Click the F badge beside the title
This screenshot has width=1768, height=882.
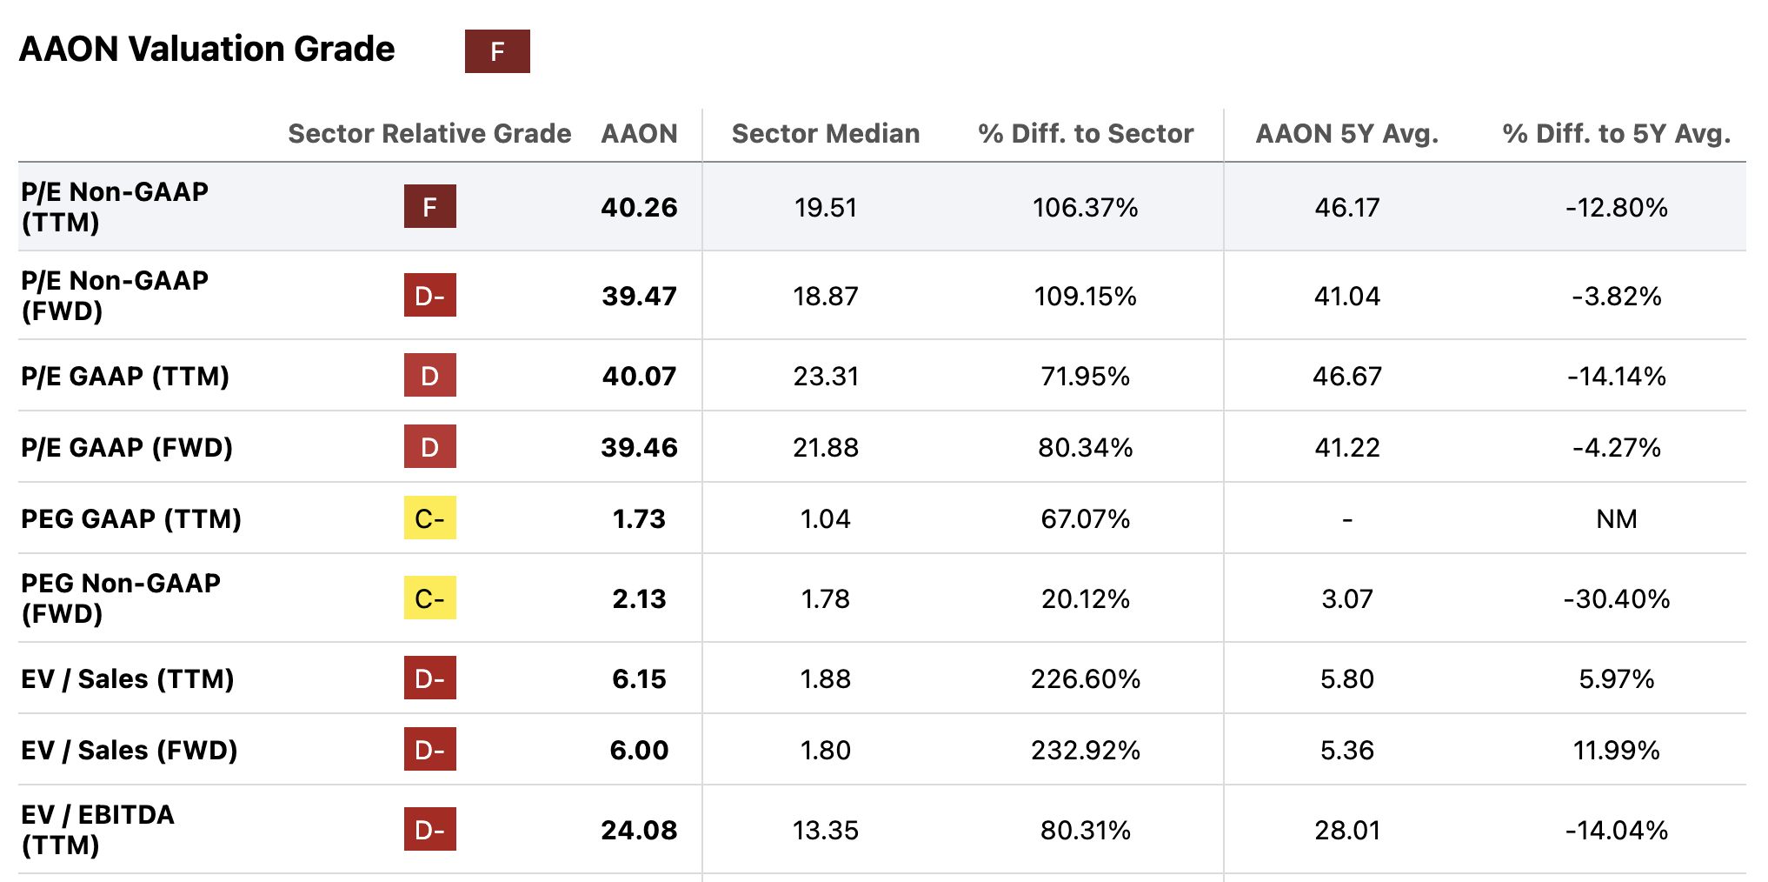click(x=497, y=51)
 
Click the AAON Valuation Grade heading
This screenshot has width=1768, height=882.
click(x=207, y=50)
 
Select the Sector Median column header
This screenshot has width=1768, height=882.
click(x=825, y=133)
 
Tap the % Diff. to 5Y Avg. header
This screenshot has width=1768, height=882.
click(x=1616, y=133)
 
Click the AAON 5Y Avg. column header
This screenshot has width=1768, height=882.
click(x=1346, y=133)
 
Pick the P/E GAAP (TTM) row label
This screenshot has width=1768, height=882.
click(x=125, y=376)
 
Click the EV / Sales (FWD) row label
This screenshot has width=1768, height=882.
click(x=129, y=750)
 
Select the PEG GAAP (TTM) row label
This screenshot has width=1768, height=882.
click(x=131, y=518)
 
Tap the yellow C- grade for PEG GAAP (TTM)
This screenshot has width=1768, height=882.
click(x=429, y=518)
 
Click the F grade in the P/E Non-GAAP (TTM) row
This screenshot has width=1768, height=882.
click(x=429, y=207)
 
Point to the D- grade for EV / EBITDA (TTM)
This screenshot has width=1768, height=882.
click(x=429, y=830)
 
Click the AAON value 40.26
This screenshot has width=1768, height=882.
click(x=639, y=207)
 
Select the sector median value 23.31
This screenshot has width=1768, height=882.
click(x=825, y=376)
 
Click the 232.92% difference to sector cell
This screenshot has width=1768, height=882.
click(x=1085, y=750)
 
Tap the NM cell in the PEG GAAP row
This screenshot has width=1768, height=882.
click(x=1616, y=518)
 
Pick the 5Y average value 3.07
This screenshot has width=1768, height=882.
click(x=1346, y=598)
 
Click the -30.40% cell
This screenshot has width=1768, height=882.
click(x=1616, y=598)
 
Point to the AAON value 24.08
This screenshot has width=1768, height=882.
click(x=639, y=830)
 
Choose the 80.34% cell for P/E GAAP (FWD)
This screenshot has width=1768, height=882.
click(x=1085, y=447)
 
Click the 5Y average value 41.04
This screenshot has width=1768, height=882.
click(x=1346, y=296)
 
